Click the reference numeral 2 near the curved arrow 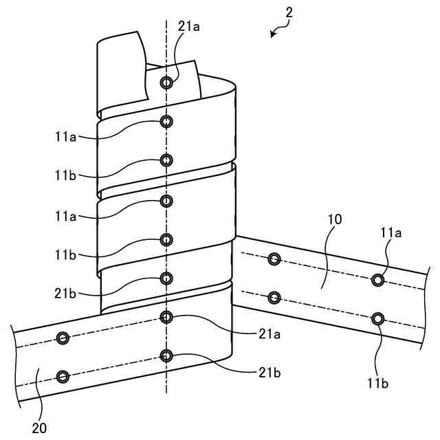pyautogui.click(x=289, y=13)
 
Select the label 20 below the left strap pyautogui.click(x=39, y=428)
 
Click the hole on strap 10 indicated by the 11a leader pyautogui.click(x=377, y=279)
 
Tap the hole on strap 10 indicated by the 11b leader pyautogui.click(x=377, y=318)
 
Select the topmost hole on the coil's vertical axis pyautogui.click(x=166, y=82)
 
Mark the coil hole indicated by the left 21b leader pyautogui.click(x=166, y=278)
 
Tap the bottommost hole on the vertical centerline pyautogui.click(x=166, y=355)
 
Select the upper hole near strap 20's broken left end pyautogui.click(x=63, y=338)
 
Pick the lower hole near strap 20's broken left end pyautogui.click(x=63, y=376)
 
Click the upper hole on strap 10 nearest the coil pyautogui.click(x=274, y=259)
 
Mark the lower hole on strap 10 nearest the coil pyautogui.click(x=274, y=298)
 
